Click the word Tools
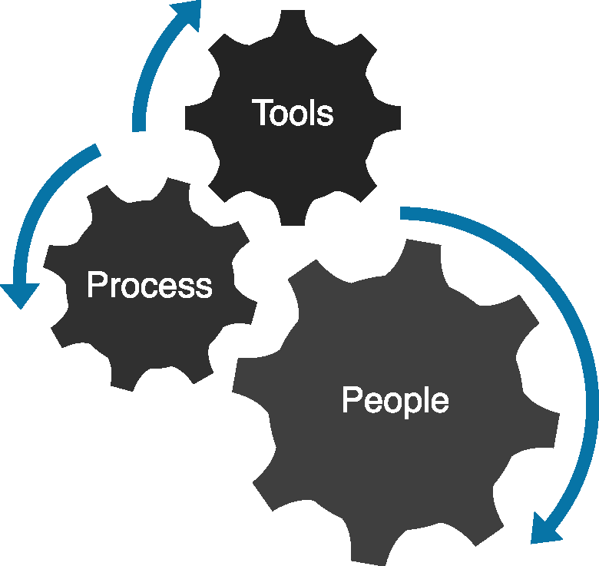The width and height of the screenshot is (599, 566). pyautogui.click(x=293, y=113)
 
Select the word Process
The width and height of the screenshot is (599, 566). pyautogui.click(x=150, y=285)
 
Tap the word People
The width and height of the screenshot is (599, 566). pyautogui.click(x=395, y=401)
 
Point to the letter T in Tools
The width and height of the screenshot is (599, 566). pyautogui.click(x=261, y=113)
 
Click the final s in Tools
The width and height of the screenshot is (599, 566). pyautogui.click(x=326, y=114)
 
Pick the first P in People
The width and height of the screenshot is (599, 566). pyautogui.click(x=351, y=400)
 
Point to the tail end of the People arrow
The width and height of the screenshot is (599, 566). pyautogui.click(x=402, y=213)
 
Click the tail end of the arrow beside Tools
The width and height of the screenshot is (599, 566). pyautogui.click(x=139, y=129)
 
